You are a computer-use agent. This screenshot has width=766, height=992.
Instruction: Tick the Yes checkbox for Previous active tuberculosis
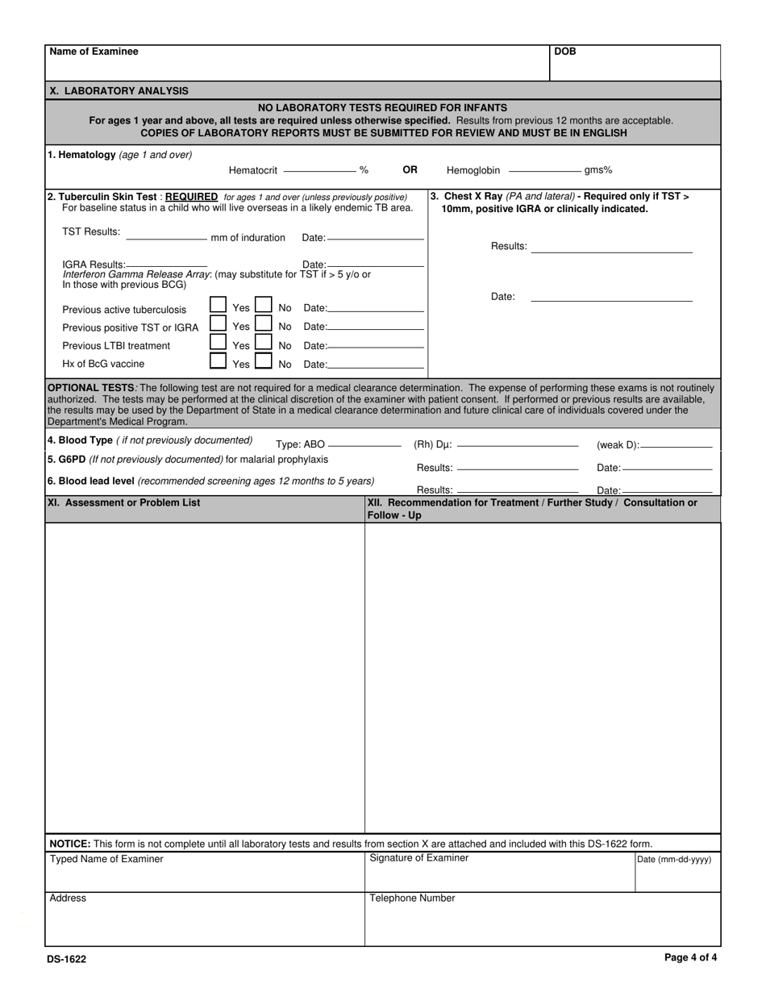click(218, 305)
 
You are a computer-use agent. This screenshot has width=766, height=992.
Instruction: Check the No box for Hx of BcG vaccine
click(263, 361)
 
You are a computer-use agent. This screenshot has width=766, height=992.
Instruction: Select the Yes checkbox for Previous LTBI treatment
click(218, 342)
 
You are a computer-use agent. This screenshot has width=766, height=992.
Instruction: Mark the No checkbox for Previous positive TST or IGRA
click(263, 323)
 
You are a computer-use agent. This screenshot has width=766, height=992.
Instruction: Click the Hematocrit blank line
click(320, 170)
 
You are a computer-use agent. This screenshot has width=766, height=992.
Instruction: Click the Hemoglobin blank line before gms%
click(544, 170)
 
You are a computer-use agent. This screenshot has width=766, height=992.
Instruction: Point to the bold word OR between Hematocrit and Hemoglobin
click(410, 170)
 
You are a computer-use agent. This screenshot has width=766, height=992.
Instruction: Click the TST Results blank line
click(166, 239)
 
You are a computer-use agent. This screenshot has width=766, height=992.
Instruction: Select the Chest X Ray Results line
click(611, 251)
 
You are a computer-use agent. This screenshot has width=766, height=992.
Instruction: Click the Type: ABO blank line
click(364, 445)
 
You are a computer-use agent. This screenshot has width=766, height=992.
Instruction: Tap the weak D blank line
click(676, 445)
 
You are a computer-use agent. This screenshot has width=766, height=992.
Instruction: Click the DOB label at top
click(565, 52)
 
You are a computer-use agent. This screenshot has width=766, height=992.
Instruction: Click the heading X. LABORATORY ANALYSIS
click(119, 91)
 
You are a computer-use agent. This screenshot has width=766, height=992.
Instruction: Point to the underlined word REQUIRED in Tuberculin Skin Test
click(191, 197)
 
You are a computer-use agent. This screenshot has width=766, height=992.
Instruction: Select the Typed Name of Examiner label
click(106, 859)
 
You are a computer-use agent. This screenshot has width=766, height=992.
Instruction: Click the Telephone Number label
click(412, 898)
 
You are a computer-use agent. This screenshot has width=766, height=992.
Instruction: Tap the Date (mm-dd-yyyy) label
click(674, 860)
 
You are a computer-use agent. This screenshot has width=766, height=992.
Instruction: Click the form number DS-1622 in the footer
click(66, 960)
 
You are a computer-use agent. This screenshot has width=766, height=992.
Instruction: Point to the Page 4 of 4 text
click(690, 958)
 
